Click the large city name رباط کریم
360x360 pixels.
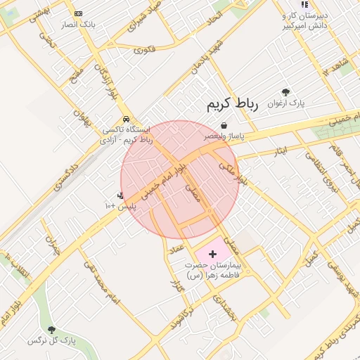233,105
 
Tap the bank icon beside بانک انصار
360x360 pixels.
77,13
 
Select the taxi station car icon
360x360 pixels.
125,119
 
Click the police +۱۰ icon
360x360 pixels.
120,195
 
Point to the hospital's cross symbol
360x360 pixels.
214,251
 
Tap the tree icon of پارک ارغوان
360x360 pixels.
285,92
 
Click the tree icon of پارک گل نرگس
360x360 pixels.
51,330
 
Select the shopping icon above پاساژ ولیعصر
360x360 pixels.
224,125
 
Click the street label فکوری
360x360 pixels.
143,49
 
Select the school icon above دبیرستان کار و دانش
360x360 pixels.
304,4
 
